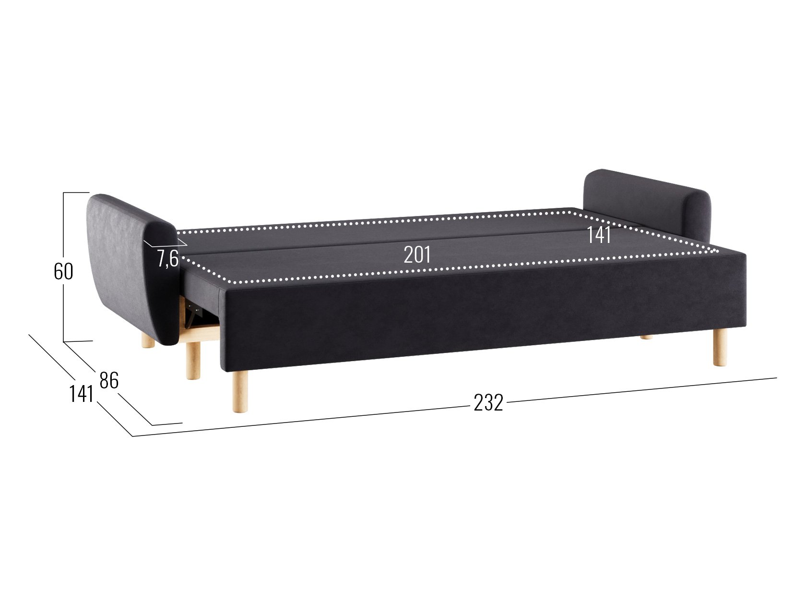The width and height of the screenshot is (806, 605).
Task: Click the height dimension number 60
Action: click(63, 271)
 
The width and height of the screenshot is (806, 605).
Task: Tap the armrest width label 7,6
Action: click(168, 258)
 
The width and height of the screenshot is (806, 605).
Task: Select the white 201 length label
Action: click(417, 254)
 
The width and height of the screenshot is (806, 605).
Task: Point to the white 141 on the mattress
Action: click(599, 235)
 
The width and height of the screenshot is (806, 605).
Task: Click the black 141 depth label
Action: click(82, 395)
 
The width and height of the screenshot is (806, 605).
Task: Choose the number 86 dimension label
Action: click(109, 381)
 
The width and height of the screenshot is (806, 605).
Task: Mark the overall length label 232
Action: click(488, 402)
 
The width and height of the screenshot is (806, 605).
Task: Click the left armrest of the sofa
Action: click(132, 270)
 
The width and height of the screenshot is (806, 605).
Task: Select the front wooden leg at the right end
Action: click(720, 347)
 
